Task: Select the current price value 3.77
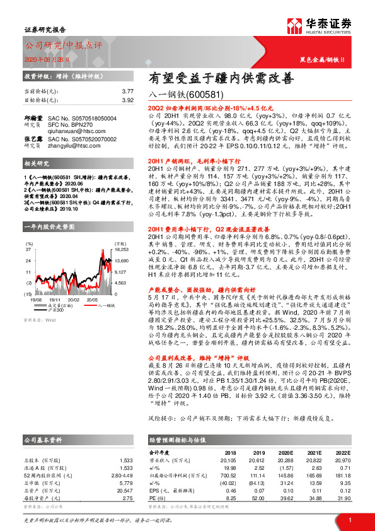[127, 91]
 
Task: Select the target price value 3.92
[127, 100]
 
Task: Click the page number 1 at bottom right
[349, 520]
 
